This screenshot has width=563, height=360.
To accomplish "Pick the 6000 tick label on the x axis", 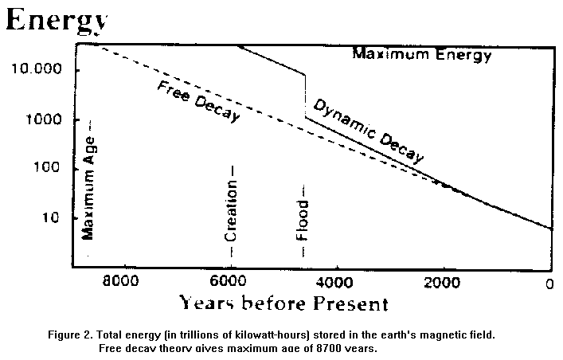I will [x=229, y=281].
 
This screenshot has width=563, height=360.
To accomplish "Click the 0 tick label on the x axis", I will [x=549, y=282].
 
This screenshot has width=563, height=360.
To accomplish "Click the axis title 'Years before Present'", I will [x=283, y=303].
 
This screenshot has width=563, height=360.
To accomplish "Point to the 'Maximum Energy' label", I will [x=422, y=55].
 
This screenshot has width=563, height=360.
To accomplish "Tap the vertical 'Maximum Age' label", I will [x=90, y=183].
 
